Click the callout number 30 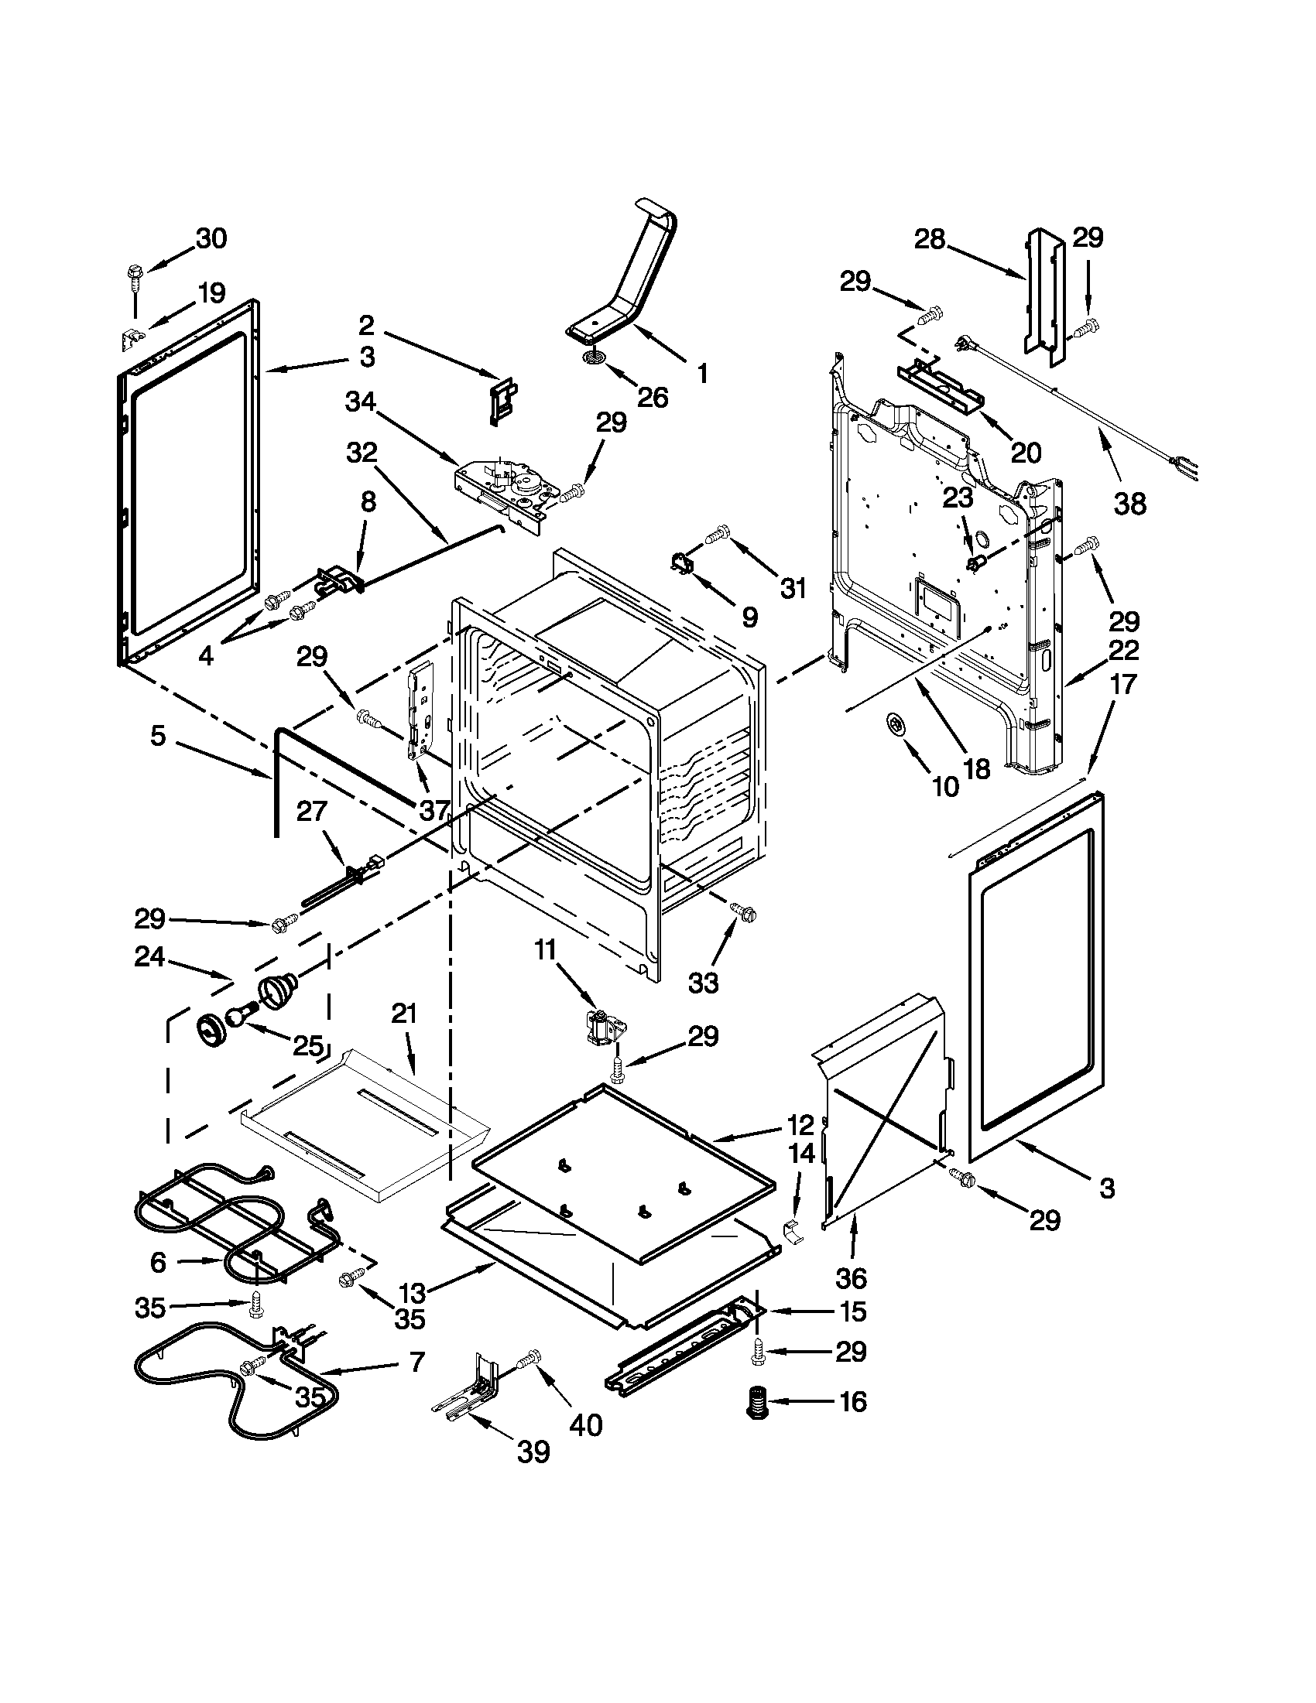211,238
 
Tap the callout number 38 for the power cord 1129,504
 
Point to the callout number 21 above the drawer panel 405,1014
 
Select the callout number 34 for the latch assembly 361,402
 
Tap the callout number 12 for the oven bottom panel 800,1125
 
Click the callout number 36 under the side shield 851,1278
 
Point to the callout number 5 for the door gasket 159,735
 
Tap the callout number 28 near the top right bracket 929,238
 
